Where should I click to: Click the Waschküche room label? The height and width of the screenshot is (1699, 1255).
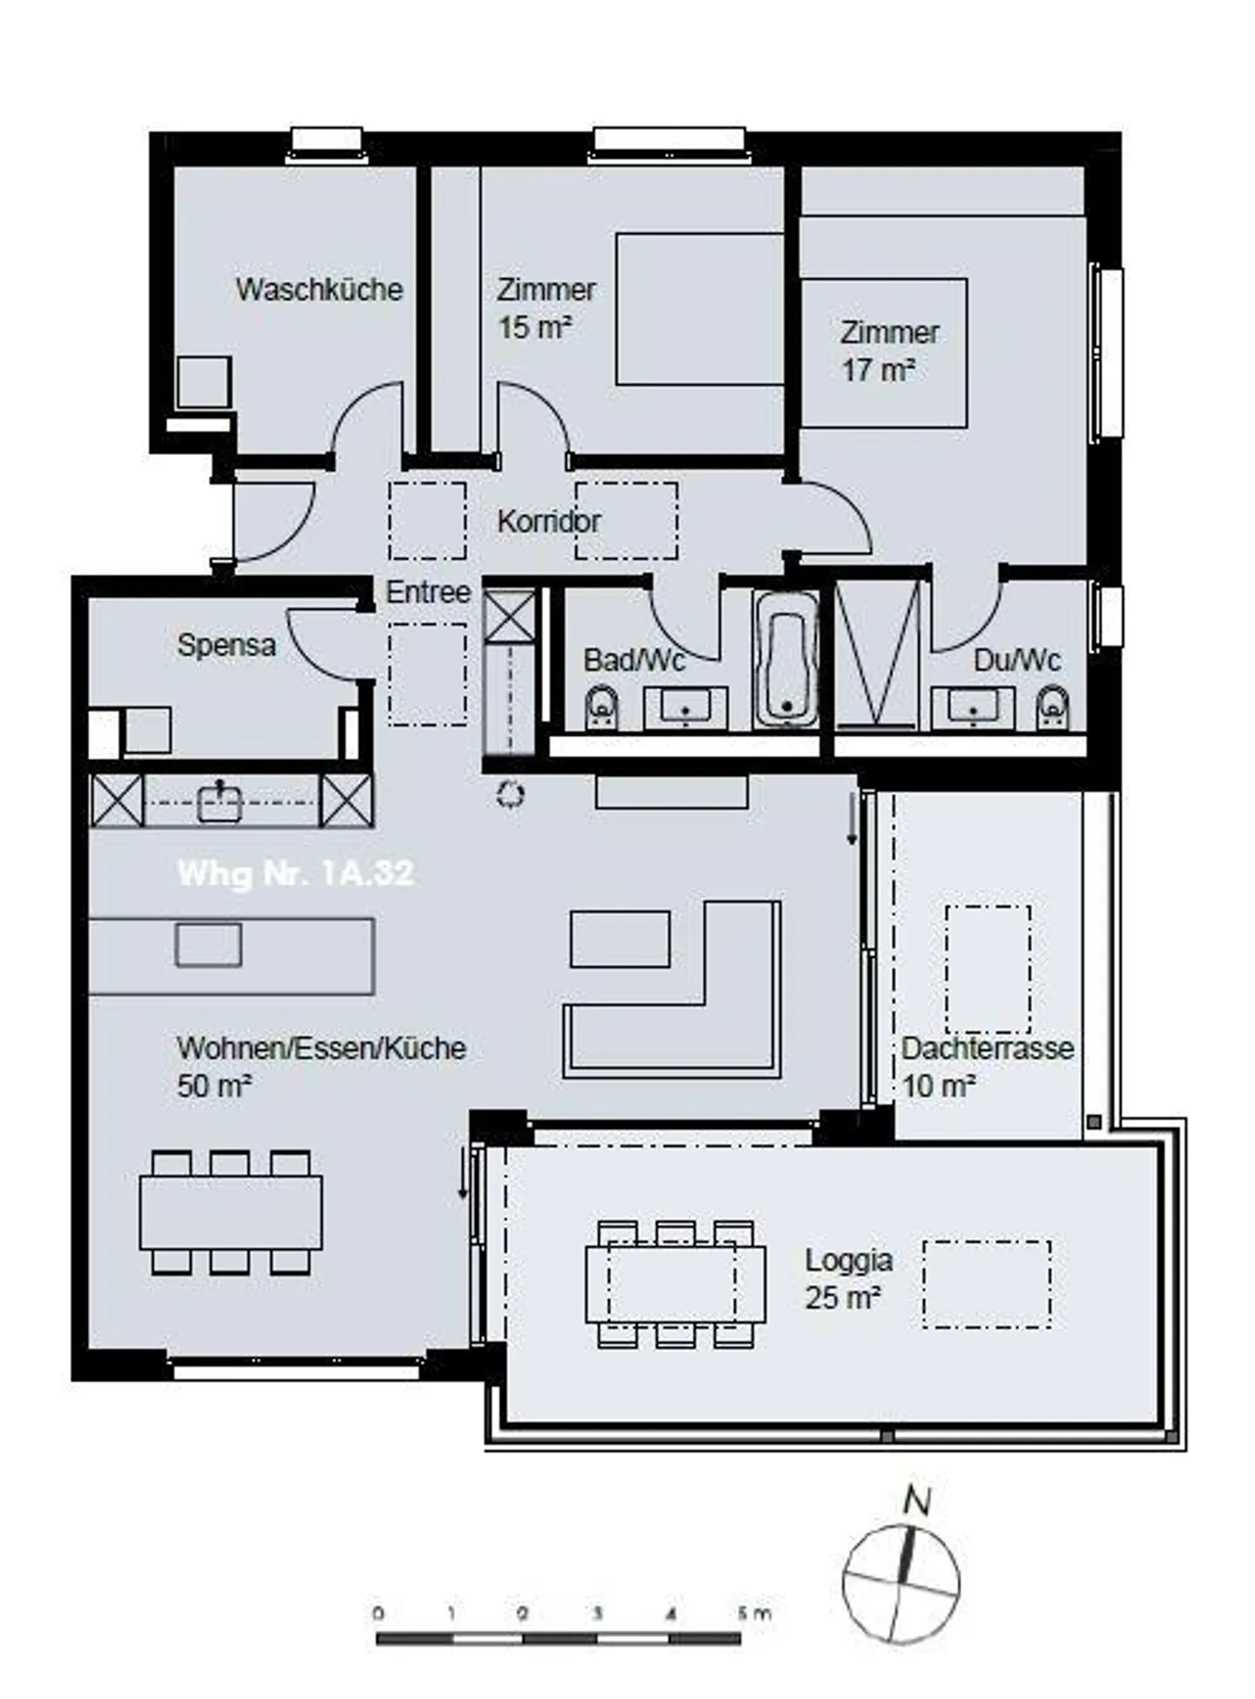[x=319, y=289]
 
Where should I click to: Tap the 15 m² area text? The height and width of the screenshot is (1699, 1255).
[x=533, y=329]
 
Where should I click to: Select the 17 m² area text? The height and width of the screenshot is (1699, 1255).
[x=877, y=370]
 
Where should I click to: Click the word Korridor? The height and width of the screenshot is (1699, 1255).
[x=548, y=522]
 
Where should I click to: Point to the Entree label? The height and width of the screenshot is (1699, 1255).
[x=428, y=593]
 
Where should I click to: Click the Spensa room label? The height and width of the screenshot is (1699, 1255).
[x=227, y=645]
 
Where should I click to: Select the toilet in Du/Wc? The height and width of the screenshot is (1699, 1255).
[x=1053, y=708]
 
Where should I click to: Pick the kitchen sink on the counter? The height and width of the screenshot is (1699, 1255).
[x=220, y=801]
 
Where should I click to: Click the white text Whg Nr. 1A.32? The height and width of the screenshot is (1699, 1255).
[x=295, y=873]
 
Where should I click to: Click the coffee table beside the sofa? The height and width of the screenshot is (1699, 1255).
[x=620, y=939]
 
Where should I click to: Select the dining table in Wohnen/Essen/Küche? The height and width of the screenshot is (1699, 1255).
[x=231, y=1213]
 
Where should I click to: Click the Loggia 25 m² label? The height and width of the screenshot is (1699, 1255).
[x=847, y=1279]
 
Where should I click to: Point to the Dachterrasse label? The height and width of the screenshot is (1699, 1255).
[x=987, y=1048]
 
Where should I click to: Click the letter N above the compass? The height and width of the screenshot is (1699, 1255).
[x=917, y=1501]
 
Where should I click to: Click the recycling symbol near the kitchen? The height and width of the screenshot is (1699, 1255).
[x=510, y=794]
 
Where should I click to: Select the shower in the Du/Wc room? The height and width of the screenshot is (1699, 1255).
[x=877, y=654]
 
